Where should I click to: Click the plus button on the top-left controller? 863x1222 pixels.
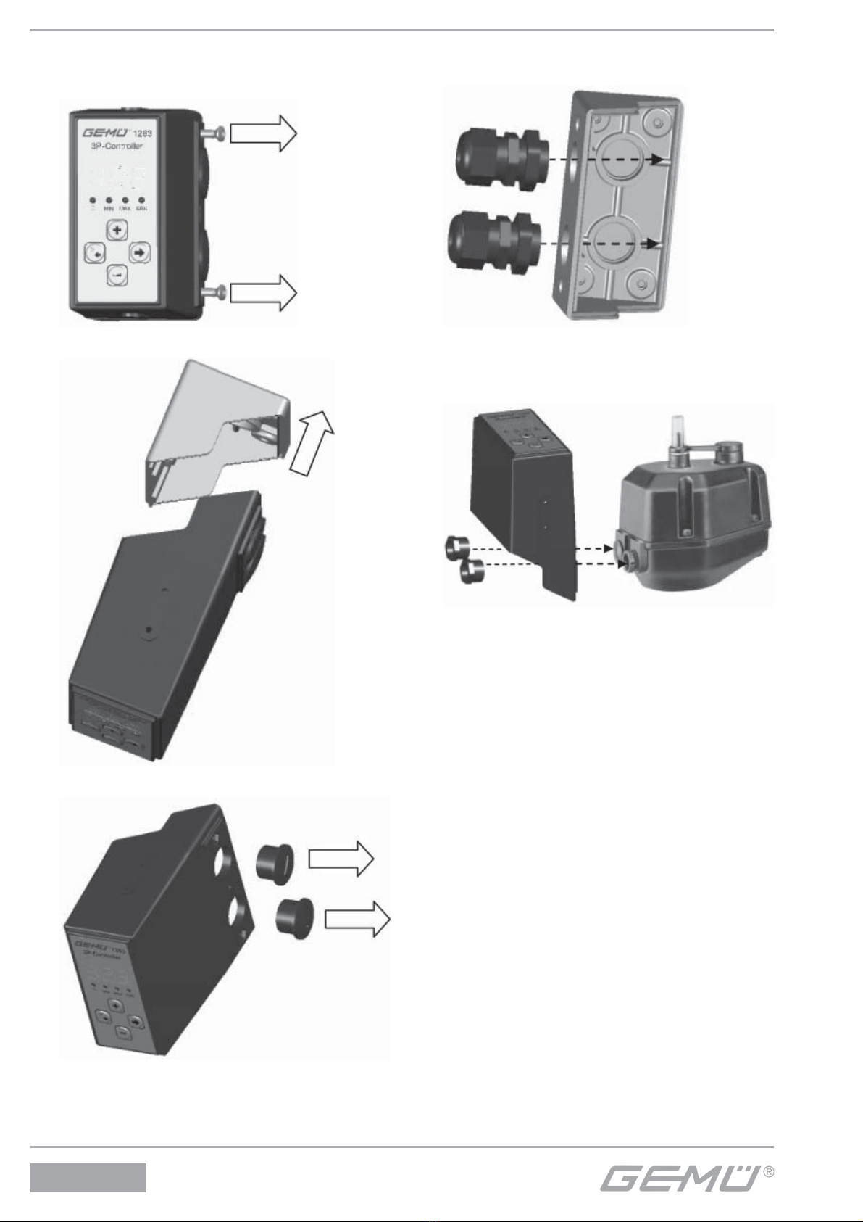click(x=117, y=231)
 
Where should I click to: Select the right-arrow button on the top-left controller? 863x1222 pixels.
click(x=139, y=252)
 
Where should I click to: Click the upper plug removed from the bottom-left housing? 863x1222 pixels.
click(x=275, y=860)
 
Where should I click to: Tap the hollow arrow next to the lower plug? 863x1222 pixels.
click(x=357, y=919)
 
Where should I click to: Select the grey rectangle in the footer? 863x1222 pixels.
click(x=88, y=1178)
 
